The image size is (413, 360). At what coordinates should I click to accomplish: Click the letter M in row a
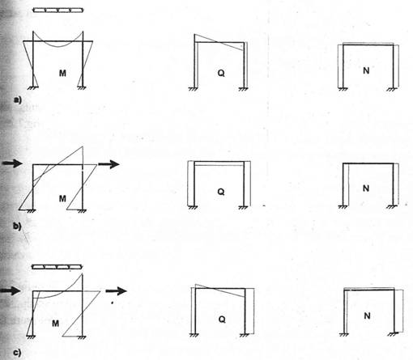pyautogui.click(x=62, y=73)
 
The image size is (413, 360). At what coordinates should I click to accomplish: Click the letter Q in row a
pyautogui.click(x=221, y=73)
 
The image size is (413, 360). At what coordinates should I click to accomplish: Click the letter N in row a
pyautogui.click(x=366, y=70)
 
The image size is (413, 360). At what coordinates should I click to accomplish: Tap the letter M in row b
pyautogui.click(x=62, y=199)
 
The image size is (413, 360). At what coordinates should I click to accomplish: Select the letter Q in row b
pyautogui.click(x=221, y=192)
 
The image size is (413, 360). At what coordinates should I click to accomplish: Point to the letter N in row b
pyautogui.click(x=366, y=188)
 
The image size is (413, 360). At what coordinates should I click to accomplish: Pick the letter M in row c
pyautogui.click(x=55, y=323)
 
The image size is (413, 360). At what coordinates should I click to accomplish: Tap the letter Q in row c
pyautogui.click(x=222, y=320)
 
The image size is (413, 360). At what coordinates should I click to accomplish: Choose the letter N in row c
pyautogui.click(x=367, y=316)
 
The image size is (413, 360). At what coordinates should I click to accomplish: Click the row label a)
pyautogui.click(x=18, y=100)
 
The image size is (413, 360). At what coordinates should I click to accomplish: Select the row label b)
pyautogui.click(x=17, y=226)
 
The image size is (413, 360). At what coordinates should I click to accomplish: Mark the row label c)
pyautogui.click(x=17, y=353)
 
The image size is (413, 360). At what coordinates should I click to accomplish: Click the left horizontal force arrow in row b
pyautogui.click(x=12, y=163)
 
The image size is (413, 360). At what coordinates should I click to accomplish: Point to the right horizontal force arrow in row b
pyautogui.click(x=109, y=164)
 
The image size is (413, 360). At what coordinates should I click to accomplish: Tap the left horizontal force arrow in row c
pyautogui.click(x=11, y=290)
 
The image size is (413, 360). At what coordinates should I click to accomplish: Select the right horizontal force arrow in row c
pyautogui.click(x=116, y=290)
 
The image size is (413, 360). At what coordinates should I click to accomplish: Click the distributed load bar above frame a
pyautogui.click(x=58, y=10)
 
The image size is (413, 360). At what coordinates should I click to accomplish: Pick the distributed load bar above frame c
pyautogui.click(x=57, y=267)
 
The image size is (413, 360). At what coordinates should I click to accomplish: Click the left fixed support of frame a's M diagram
pyautogui.click(x=33, y=87)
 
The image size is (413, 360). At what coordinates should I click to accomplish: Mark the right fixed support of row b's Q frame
pyautogui.click(x=244, y=207)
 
